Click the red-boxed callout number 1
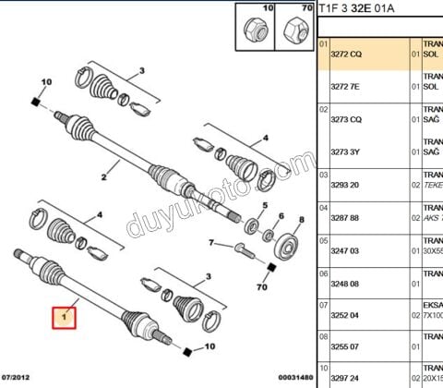(x=66, y=318)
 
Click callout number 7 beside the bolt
(x=211, y=244)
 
